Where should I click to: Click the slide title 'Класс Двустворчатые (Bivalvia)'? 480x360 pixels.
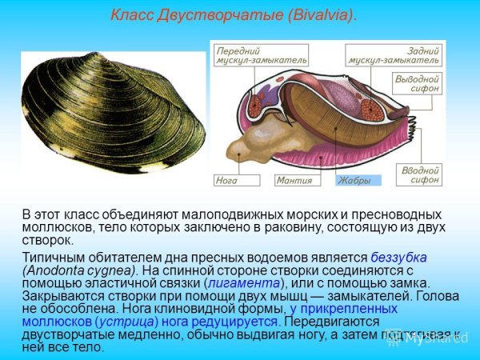233,15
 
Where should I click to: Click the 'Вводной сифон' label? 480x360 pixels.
419,174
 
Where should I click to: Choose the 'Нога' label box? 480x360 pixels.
227,181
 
